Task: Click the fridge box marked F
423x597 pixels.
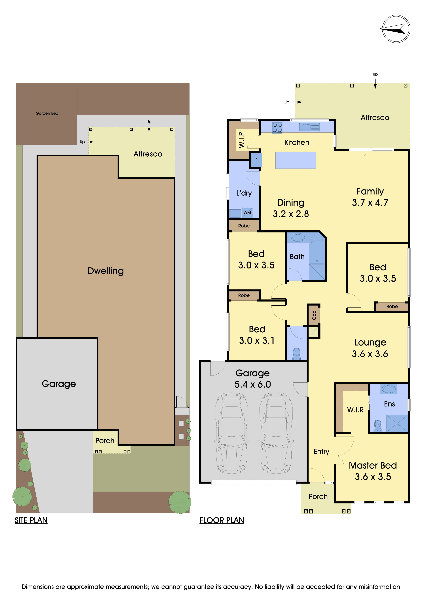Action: [256, 160]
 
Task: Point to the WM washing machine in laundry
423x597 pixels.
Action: [247, 213]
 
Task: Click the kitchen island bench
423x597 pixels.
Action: [296, 160]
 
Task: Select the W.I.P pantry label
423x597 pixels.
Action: [241, 140]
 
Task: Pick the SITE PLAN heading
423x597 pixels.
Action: [31, 520]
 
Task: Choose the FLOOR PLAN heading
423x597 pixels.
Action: [222, 520]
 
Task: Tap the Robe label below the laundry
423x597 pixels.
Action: [244, 226]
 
